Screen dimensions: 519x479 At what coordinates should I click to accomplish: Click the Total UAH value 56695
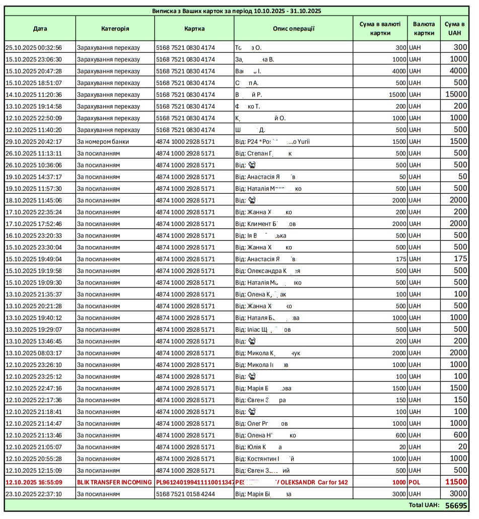[x=456, y=505]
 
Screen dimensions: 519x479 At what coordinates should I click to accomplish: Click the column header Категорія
[x=115, y=29]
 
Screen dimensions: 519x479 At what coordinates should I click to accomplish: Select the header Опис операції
[x=293, y=29]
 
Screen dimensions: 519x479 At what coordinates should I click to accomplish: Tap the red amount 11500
[x=456, y=482]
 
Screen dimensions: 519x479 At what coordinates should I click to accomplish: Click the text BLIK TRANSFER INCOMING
[x=114, y=482]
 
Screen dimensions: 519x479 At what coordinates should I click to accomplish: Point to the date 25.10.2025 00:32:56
[x=34, y=48]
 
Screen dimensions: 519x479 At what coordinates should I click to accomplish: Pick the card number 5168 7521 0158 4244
[x=185, y=494]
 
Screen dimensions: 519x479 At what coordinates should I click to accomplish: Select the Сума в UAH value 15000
[x=456, y=94]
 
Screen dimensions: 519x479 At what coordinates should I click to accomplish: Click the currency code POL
[x=415, y=482]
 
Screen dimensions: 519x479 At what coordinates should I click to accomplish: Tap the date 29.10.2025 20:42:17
[x=34, y=141]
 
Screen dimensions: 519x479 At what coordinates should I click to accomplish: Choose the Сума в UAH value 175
[x=460, y=259]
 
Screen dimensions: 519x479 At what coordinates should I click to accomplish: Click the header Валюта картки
[x=424, y=29]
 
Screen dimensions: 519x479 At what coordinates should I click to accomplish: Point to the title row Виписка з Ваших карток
[x=237, y=11]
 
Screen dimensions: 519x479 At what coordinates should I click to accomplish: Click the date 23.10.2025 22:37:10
[x=34, y=494]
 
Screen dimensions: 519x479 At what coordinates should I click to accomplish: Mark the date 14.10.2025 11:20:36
[x=34, y=95]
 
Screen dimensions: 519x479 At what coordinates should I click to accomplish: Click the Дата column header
[x=40, y=29]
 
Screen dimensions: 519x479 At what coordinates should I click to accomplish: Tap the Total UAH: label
[x=424, y=505]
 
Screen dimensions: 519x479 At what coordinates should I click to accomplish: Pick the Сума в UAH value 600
[x=460, y=435]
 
